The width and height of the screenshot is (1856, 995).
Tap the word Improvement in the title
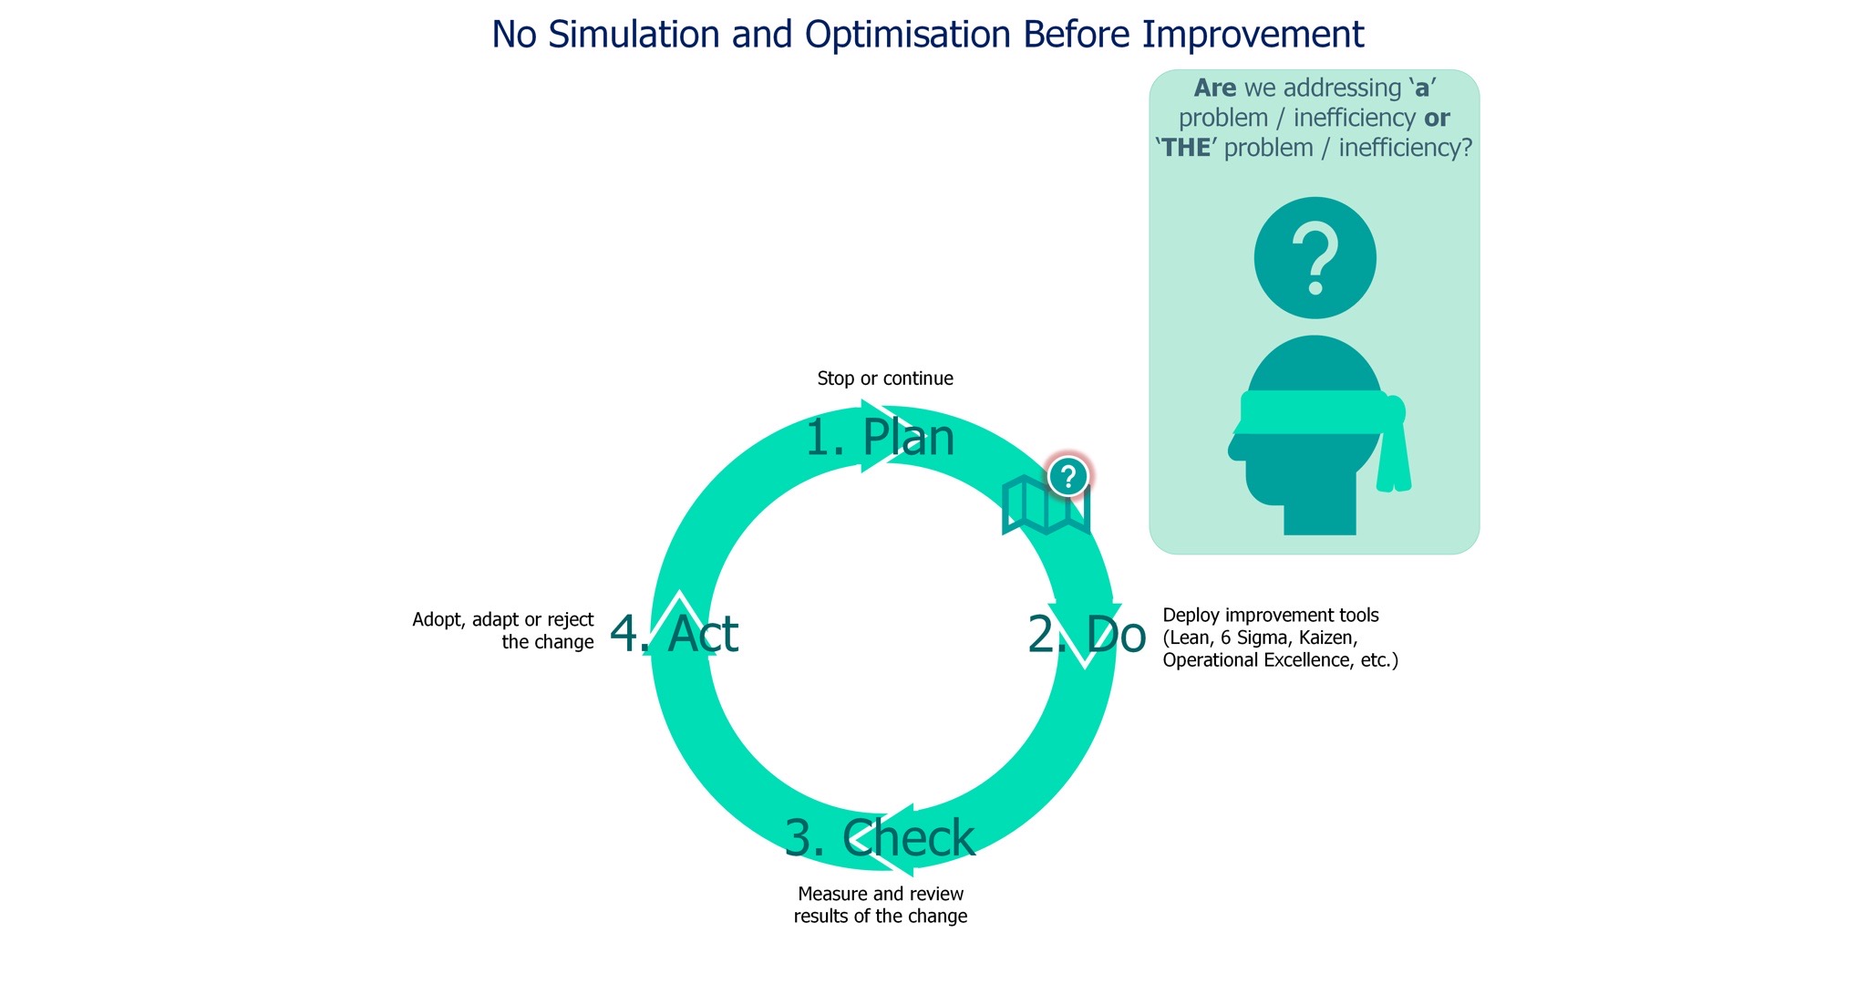(1253, 35)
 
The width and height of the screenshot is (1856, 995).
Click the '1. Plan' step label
(880, 438)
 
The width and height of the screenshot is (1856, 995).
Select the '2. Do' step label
(1087, 634)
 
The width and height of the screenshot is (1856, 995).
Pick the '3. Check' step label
(880, 838)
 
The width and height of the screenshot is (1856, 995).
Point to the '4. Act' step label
(674, 634)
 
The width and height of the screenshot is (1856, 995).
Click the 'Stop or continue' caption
(885, 378)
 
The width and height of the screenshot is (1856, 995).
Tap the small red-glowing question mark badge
(1068, 475)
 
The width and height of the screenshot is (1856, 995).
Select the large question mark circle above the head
(1315, 258)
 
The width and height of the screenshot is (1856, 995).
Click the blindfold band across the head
(1313, 413)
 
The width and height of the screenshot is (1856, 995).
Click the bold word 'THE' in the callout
(1186, 148)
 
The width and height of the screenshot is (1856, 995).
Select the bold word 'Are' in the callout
(1215, 88)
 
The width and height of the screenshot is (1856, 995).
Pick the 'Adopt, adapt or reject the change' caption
(503, 630)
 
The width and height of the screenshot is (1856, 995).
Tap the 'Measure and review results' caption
(881, 905)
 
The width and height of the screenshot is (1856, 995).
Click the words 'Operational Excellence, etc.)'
(1280, 660)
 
